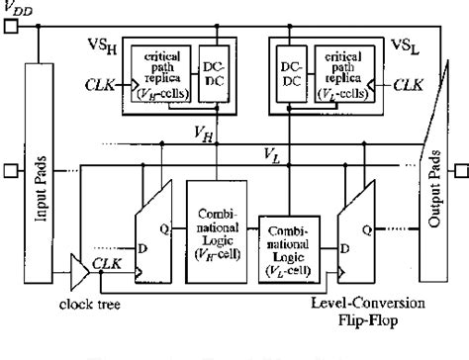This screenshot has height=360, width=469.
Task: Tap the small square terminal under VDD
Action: pyautogui.click(x=10, y=28)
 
